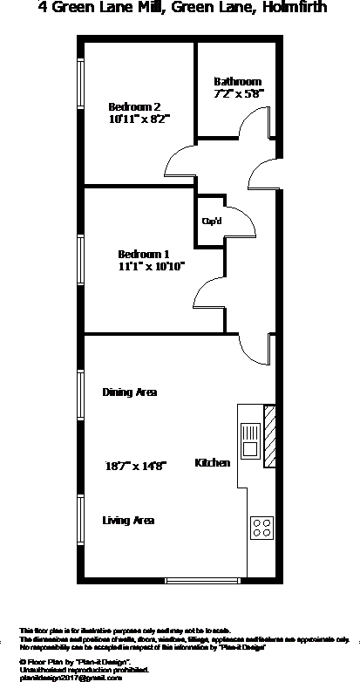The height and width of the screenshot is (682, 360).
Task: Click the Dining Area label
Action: [x=129, y=392]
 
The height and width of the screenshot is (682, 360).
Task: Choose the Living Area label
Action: [x=128, y=521]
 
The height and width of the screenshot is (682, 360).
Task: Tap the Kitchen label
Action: [x=213, y=462]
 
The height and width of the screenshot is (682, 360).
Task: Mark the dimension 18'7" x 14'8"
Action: [x=136, y=465]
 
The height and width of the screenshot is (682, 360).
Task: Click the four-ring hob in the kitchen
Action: [x=262, y=526]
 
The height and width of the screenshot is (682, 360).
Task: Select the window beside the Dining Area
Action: [x=81, y=397]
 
